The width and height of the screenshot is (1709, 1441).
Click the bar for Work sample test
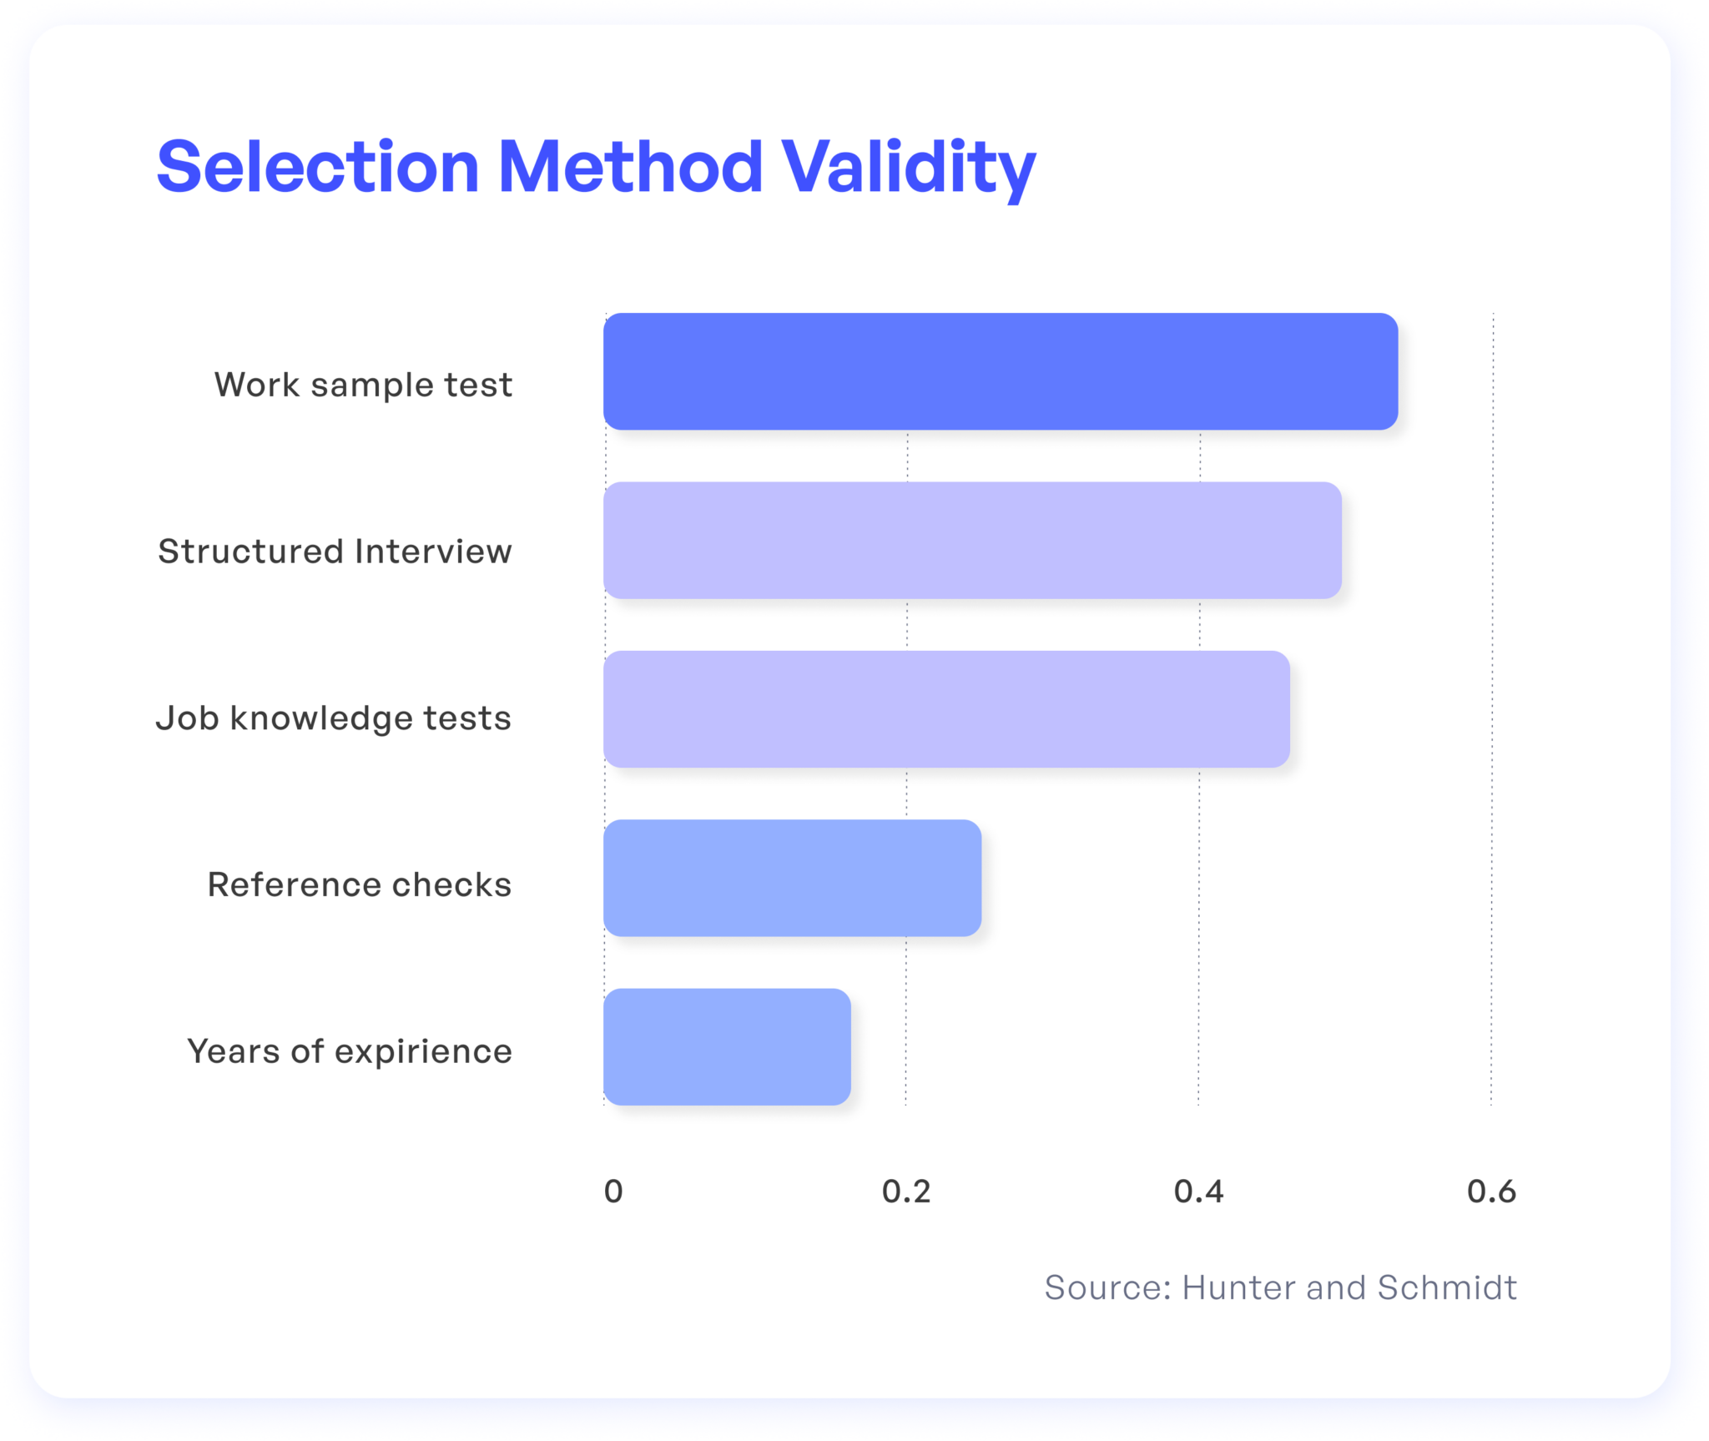pos(1001,371)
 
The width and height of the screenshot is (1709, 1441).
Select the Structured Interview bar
pos(972,540)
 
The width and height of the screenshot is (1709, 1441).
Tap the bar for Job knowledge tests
pos(946,709)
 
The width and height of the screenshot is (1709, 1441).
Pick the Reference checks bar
pos(792,878)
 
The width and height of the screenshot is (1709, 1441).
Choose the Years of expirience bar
pos(727,1046)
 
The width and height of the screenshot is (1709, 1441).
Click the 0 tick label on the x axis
pos(613,1192)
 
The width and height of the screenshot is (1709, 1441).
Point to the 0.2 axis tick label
pos(906,1192)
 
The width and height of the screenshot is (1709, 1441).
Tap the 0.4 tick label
pos(1199,1192)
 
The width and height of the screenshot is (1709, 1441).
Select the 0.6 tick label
pos(1492,1192)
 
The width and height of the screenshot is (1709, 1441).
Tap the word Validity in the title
pos(909,170)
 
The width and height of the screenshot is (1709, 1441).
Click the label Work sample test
pos(363,385)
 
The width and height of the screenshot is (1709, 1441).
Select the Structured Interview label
pos(335,552)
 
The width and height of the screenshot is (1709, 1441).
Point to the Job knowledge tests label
pos(334,719)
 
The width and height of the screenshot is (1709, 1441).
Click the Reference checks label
pos(360,884)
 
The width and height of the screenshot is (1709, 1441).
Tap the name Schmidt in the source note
pos(1447,1287)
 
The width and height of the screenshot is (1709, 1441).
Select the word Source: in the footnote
pos(1108,1287)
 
